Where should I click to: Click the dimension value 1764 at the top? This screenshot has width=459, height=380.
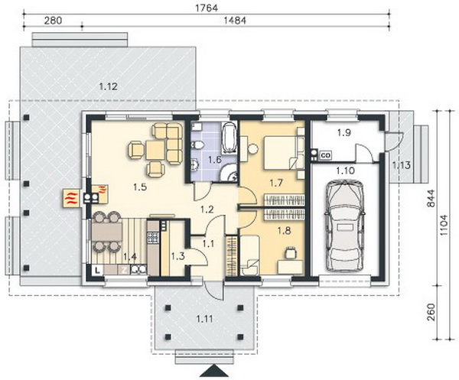[x=207, y=8]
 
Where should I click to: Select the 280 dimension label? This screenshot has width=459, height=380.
[x=53, y=21]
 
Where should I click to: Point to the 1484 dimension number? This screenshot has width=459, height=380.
[x=235, y=21]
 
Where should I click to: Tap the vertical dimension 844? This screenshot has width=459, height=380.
[x=431, y=199]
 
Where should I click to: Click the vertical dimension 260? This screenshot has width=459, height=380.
[x=431, y=312]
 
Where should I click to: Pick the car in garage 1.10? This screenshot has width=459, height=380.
[x=344, y=226]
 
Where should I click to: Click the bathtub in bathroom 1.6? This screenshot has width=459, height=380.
[x=229, y=138]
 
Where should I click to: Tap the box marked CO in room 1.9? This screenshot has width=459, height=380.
[x=325, y=155]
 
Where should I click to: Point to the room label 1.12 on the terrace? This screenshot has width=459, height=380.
[x=109, y=86]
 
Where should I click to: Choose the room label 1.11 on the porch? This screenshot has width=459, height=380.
[x=205, y=319]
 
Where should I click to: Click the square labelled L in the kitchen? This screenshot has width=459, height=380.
[x=98, y=271]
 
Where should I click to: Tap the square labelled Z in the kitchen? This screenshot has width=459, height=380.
[x=125, y=270]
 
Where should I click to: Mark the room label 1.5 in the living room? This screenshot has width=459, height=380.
[x=140, y=187]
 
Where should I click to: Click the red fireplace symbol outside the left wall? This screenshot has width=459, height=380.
[x=70, y=199]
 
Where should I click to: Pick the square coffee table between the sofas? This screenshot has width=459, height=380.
[x=156, y=150]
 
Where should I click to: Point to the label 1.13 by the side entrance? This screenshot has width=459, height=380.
[x=402, y=165]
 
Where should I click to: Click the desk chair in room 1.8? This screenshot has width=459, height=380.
[x=291, y=252]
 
